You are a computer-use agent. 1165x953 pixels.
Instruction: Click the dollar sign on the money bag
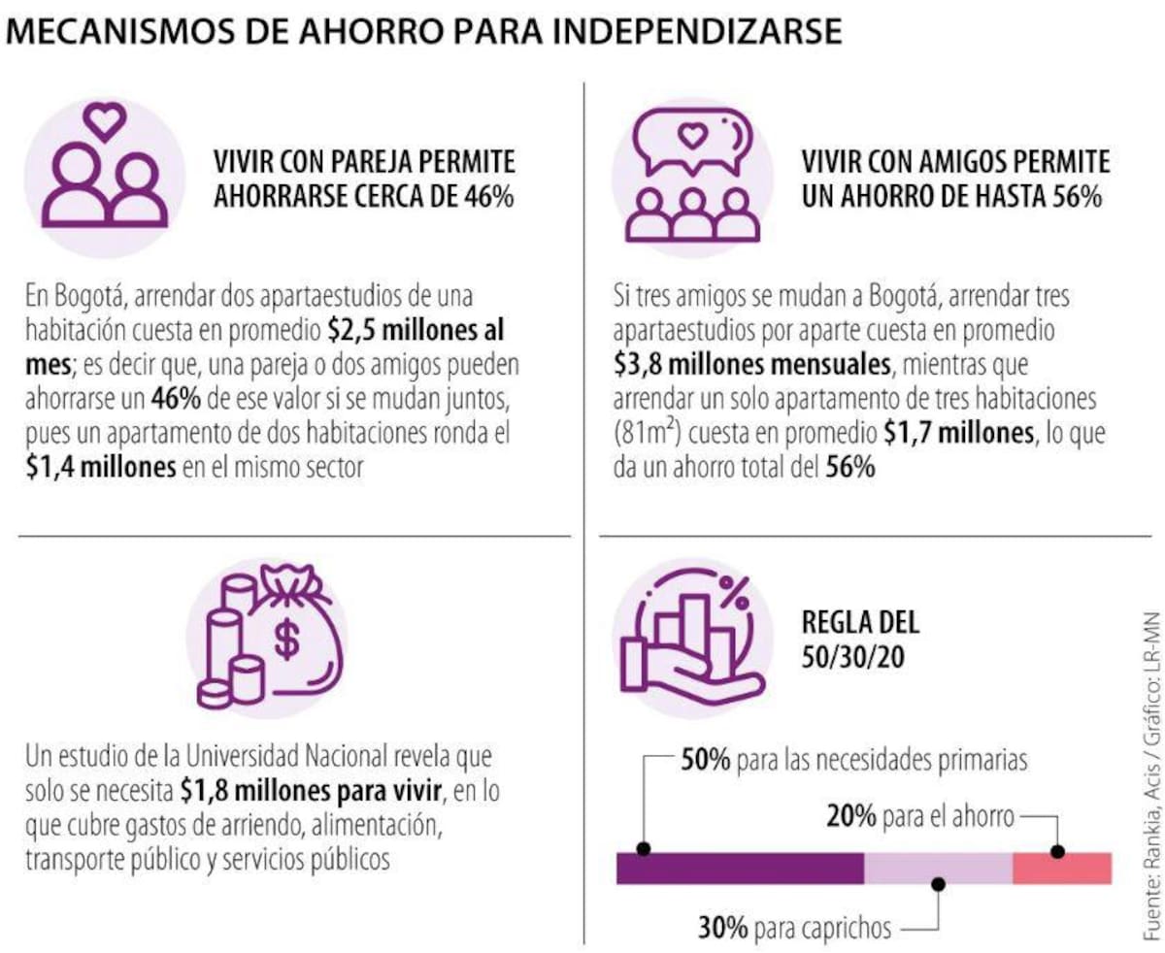pyautogui.click(x=286, y=639)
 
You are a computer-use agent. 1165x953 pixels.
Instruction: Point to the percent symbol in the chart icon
pyautogui.click(x=734, y=589)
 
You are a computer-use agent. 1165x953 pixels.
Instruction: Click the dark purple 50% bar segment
pyautogui.click(x=740, y=868)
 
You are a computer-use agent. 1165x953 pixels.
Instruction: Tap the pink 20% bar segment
pyautogui.click(x=1061, y=868)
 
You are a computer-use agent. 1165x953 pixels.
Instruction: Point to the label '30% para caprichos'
pyautogui.click(x=794, y=928)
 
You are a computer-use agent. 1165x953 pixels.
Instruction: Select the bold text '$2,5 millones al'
pyautogui.click(x=417, y=331)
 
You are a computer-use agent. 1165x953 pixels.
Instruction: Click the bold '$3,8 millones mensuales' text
pyautogui.click(x=752, y=365)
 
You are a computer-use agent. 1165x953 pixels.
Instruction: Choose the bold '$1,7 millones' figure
pyautogui.click(x=957, y=433)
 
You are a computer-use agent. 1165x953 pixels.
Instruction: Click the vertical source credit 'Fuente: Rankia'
pyautogui.click(x=1151, y=872)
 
